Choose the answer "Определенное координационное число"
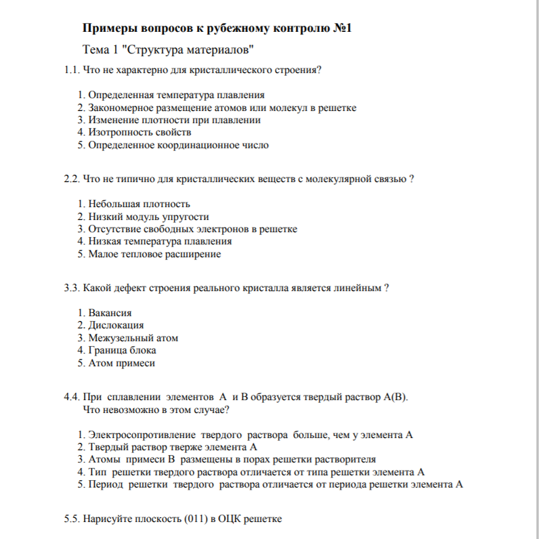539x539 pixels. coord(178,144)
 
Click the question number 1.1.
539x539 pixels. coord(71,70)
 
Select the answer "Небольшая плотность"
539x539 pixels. coord(139,204)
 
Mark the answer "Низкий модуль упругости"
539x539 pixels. coord(148,217)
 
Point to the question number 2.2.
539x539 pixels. coord(71,179)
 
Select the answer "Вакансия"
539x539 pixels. coord(110,313)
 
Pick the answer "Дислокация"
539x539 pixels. coord(116,325)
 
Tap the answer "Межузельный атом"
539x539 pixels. coord(133,338)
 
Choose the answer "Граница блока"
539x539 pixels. coord(122,350)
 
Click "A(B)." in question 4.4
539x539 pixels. coord(395,397)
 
